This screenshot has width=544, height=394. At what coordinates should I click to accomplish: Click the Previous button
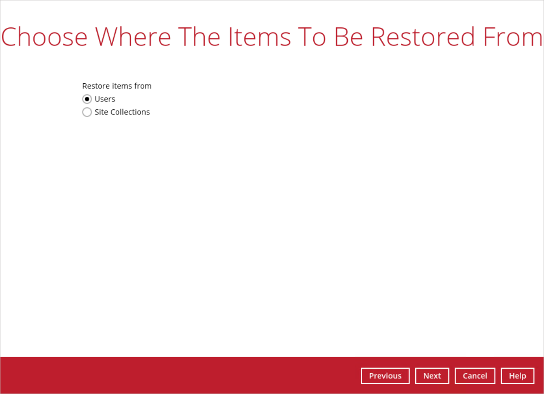pyautogui.click(x=385, y=376)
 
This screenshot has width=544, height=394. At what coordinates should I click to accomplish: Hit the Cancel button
pyautogui.click(x=475, y=376)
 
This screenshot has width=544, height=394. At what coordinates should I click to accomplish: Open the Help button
pyautogui.click(x=518, y=376)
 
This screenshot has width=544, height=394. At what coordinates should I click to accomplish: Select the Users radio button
pyautogui.click(x=87, y=99)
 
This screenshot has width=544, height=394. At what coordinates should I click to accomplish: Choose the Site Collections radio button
pyautogui.click(x=87, y=112)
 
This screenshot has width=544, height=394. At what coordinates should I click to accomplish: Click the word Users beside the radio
pyautogui.click(x=105, y=99)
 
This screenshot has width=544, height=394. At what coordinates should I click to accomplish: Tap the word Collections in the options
pyautogui.click(x=130, y=112)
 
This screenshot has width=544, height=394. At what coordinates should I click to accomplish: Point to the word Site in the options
pyautogui.click(x=101, y=112)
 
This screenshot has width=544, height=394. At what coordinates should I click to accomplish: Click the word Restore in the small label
pyautogui.click(x=96, y=86)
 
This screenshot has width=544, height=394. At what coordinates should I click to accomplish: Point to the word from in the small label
pyautogui.click(x=143, y=86)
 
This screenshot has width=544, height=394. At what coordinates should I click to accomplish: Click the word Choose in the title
pyautogui.click(x=44, y=37)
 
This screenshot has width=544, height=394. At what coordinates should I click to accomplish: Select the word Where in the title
pyautogui.click(x=133, y=37)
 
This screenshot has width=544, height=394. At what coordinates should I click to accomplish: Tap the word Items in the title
pyautogui.click(x=259, y=37)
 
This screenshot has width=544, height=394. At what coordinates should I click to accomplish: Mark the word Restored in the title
pyautogui.click(x=423, y=37)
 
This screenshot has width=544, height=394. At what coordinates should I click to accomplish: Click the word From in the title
pyautogui.click(x=512, y=37)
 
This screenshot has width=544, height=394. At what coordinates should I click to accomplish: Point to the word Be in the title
pyautogui.click(x=349, y=37)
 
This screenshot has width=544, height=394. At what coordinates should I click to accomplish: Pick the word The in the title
pyautogui.click(x=199, y=37)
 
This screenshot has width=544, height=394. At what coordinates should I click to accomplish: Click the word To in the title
pyautogui.click(x=312, y=37)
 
